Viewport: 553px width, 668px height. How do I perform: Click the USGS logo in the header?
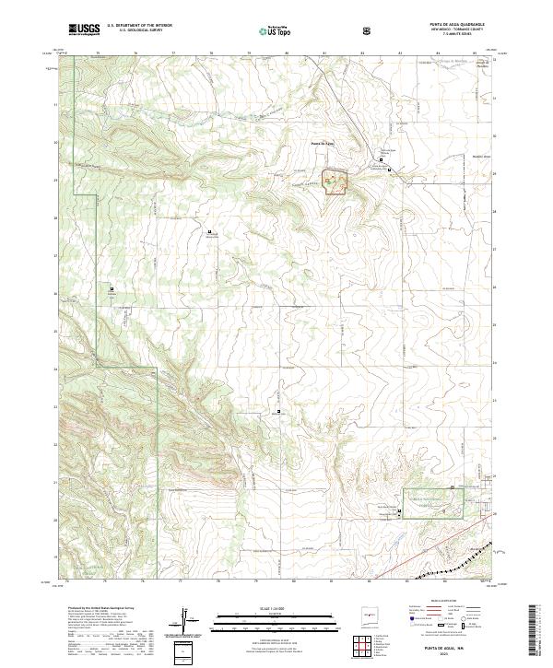pos(85,29)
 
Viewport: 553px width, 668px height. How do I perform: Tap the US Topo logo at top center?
pos(278,30)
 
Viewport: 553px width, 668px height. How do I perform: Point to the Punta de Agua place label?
pos(322,143)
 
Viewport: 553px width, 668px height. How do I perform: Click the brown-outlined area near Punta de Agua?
pos(335,182)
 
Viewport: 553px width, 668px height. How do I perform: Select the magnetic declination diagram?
pos(188,620)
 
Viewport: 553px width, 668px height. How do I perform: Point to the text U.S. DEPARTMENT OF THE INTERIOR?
pos(139,25)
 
